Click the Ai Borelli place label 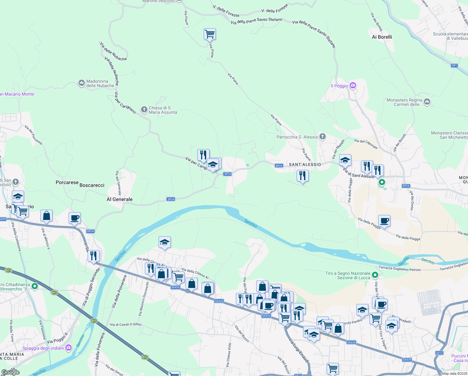click(382, 37)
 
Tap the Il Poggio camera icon click(353, 86)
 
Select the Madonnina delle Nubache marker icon click(82, 83)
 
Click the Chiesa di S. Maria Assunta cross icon click(144, 110)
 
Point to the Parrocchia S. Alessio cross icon click(323, 137)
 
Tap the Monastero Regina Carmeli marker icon click(427, 102)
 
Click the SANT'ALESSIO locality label click(305, 164)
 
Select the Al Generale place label click(120, 199)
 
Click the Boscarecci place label click(92, 185)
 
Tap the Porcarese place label click(67, 182)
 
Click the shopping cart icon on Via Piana click(210, 34)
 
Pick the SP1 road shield click(454, 65)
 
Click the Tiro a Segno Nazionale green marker click(375, 275)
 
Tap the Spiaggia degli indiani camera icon click(69, 347)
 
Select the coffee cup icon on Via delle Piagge click(384, 221)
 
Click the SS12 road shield click(439, 353)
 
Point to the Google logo click(10, 372)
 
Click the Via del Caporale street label click(366, 144)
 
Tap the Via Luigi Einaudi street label click(299, 351)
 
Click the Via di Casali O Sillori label click(126, 325)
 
